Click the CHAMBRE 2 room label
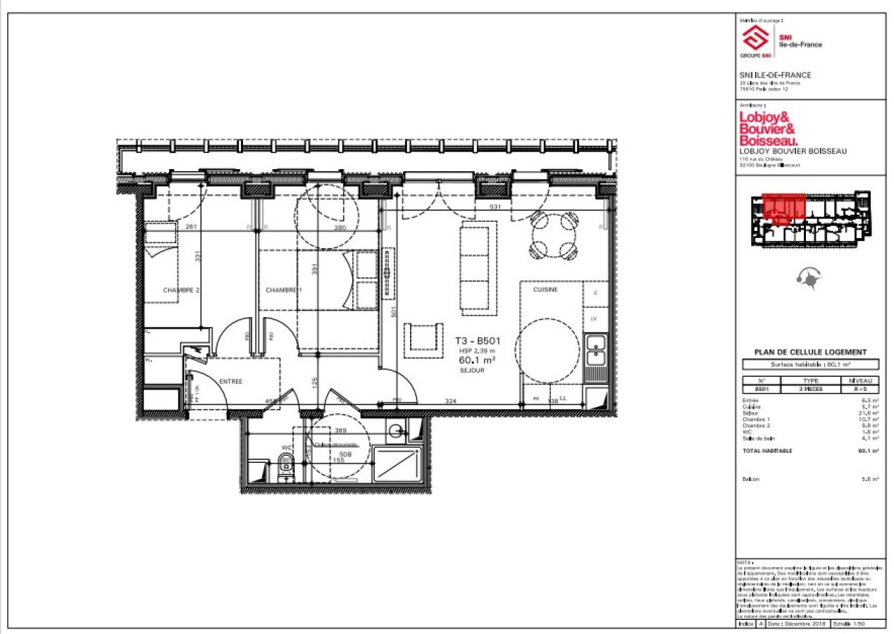pos(182,290)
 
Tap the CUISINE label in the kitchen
pos(545,290)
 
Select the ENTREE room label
pos(230,381)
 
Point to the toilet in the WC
pos(285,466)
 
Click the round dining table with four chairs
pos(552,235)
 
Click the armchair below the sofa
pos(424,336)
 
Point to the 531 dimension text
pos(495,206)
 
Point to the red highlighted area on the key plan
pos(784,209)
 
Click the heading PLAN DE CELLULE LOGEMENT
pos(810,352)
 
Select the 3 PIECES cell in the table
pos(810,388)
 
